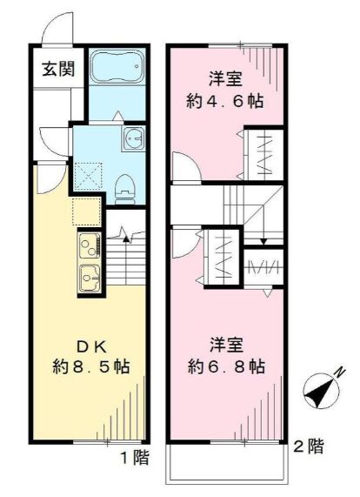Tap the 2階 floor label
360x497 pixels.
click(x=309, y=448)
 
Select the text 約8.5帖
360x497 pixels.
click(x=90, y=366)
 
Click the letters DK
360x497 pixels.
click(x=90, y=341)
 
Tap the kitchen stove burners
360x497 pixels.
click(x=89, y=248)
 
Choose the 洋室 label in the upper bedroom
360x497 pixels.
click(x=225, y=78)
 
